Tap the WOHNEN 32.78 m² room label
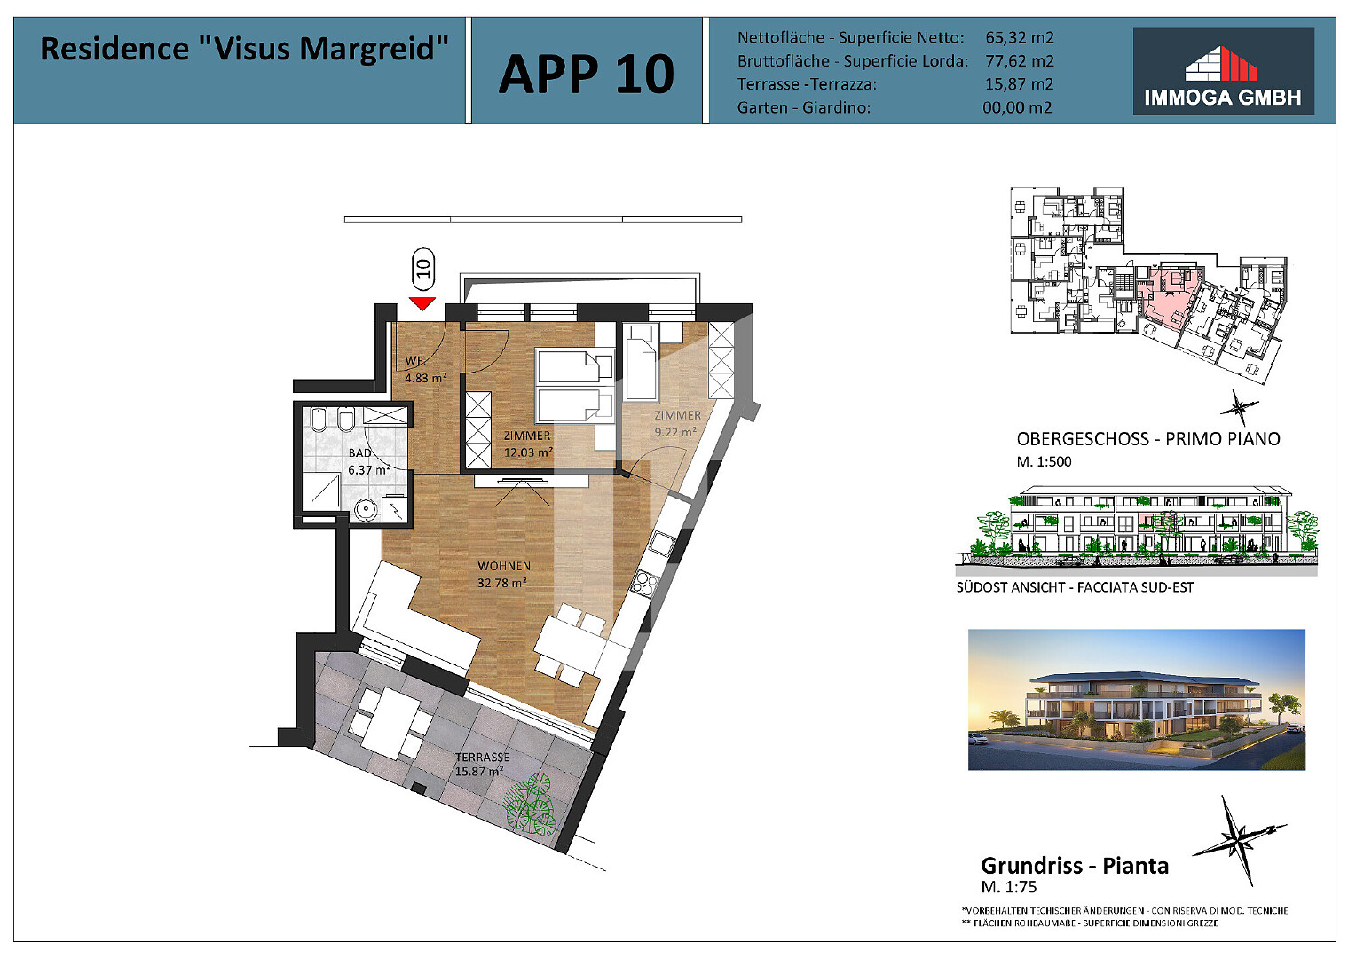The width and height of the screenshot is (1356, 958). pos(503,574)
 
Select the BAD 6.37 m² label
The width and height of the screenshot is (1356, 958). pos(368,461)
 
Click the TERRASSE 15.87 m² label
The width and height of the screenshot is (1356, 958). pos(481,765)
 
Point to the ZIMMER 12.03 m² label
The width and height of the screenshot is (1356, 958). pos(528,444)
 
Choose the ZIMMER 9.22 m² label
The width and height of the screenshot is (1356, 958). pos(677,424)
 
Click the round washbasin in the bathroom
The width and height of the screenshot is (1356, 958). pos(366,510)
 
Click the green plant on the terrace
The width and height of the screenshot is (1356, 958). pos(529,805)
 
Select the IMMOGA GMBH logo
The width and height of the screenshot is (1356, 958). pos(1223,72)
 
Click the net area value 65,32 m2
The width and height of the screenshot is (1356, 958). pos(1020,37)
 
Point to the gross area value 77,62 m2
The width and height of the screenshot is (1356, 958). pos(1020,61)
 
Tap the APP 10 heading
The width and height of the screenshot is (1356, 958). pos(586,74)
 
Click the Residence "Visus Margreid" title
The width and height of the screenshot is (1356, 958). pos(244,49)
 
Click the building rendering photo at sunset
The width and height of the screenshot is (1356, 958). pos(1136,700)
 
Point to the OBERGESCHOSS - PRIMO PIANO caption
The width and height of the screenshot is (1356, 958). pos(1148,439)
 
